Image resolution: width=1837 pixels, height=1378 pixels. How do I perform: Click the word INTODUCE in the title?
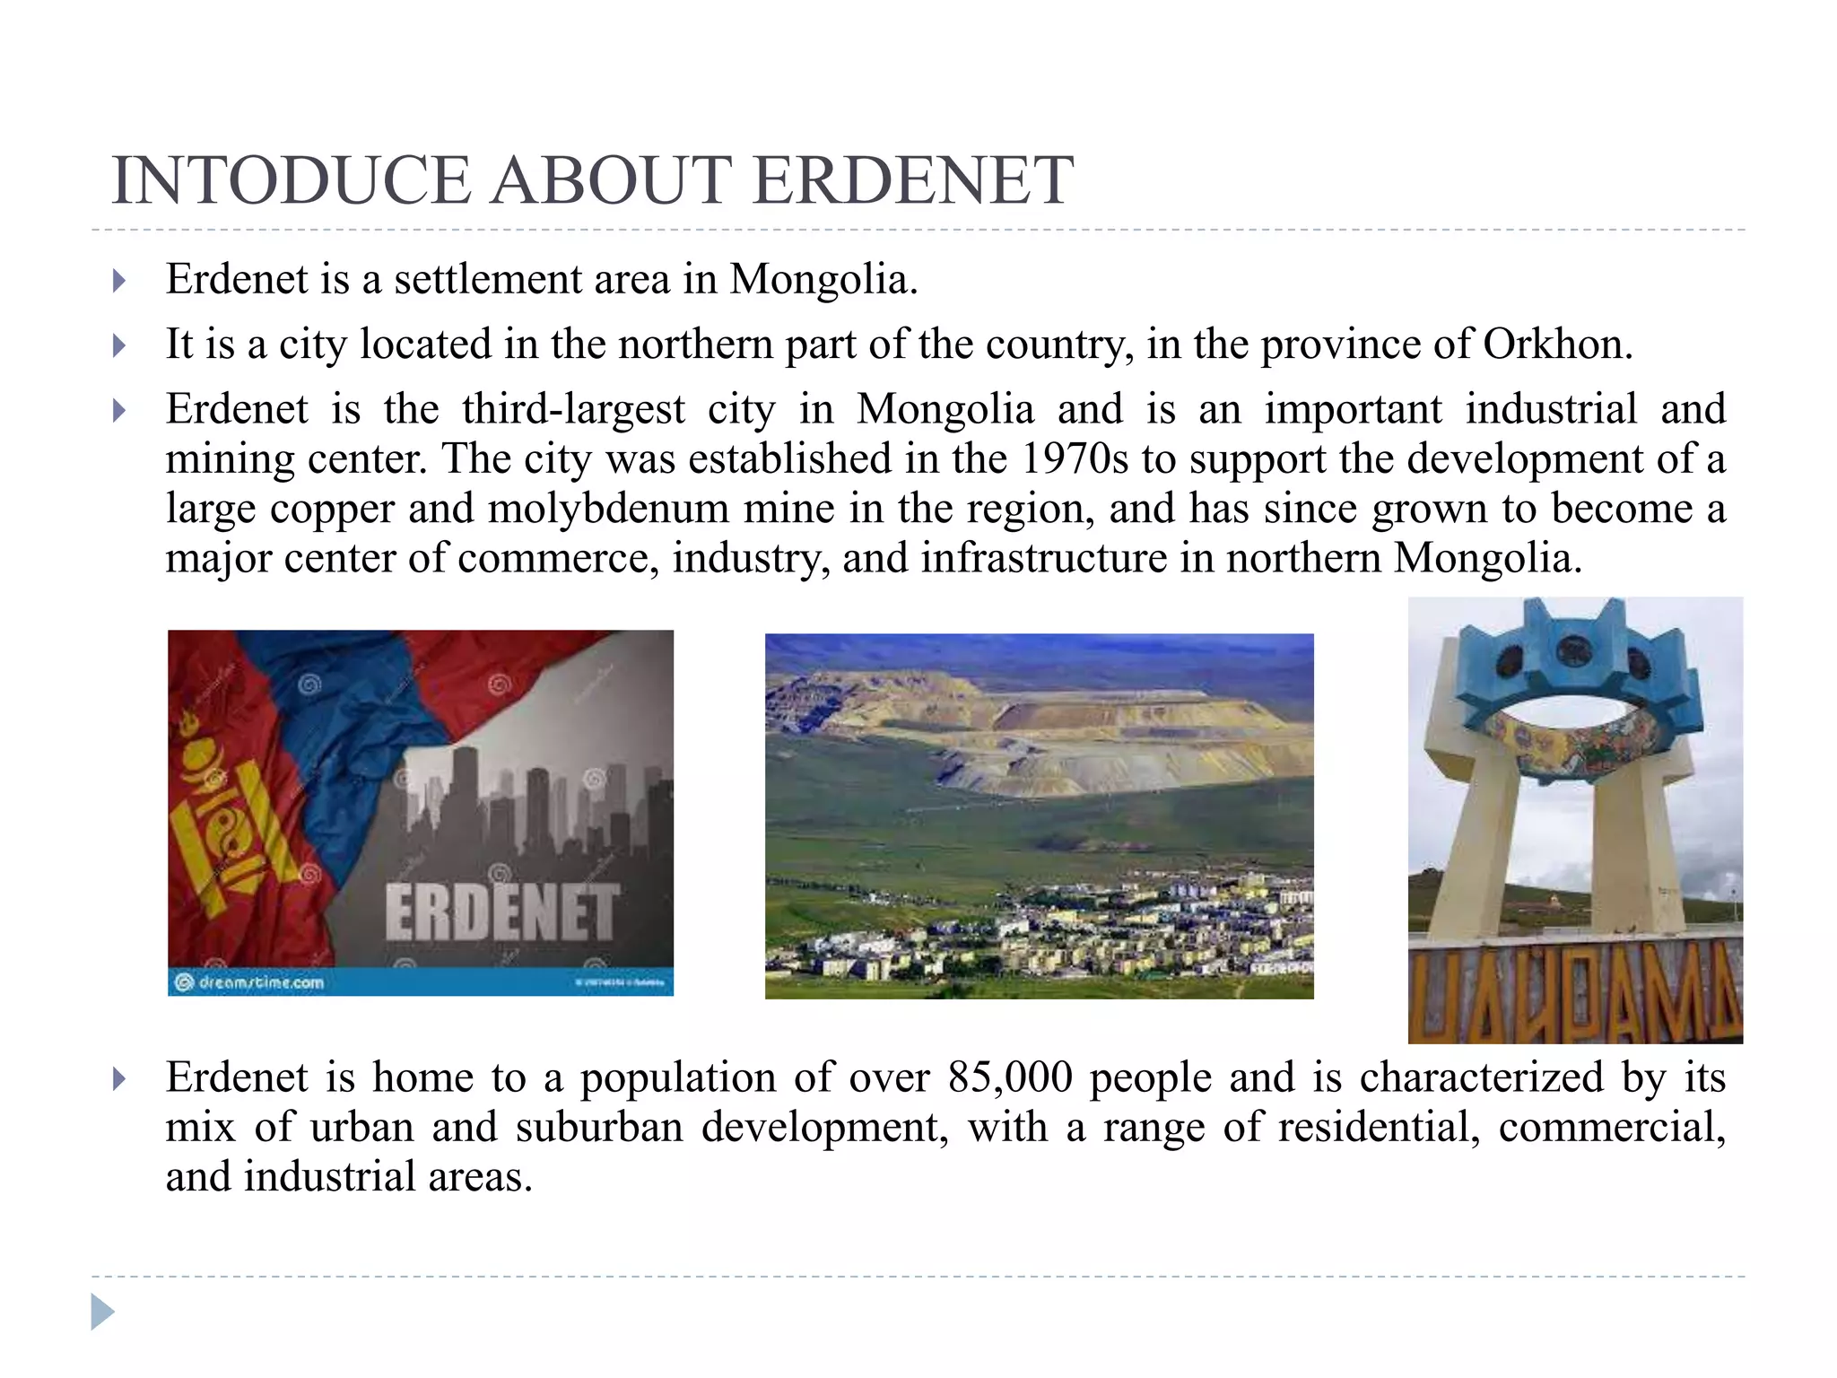coord(291,181)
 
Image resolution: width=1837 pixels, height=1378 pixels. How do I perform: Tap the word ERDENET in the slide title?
coord(912,181)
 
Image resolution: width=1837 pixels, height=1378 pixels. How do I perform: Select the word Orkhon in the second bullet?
coord(1557,344)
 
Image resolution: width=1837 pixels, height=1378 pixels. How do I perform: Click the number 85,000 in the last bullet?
coord(1010,1077)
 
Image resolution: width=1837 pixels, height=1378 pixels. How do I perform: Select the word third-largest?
coord(573,410)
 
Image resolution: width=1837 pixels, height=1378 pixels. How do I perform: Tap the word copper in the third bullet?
coord(332,510)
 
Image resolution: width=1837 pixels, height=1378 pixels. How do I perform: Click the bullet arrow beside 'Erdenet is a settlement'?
coord(119,282)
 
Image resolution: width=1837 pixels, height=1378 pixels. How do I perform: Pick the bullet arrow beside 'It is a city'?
coord(119,346)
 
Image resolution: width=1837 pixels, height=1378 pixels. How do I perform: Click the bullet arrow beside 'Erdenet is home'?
coord(119,1079)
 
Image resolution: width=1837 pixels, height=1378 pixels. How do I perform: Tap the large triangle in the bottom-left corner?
coord(102,1313)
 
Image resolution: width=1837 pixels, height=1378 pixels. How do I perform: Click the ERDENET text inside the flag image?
coord(501,912)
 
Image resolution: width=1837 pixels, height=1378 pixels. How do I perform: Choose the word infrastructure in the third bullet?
coord(1043,559)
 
